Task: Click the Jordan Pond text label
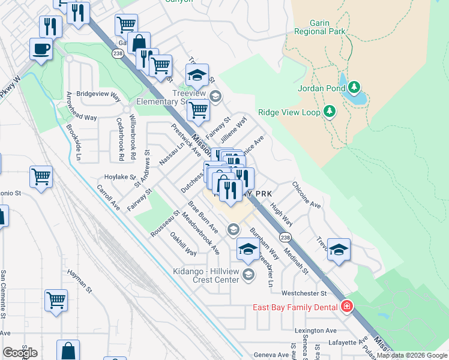click(321, 89)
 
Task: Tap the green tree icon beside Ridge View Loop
click(329, 111)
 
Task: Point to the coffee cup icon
click(41, 49)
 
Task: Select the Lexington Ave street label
click(315, 331)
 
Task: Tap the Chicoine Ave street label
click(307, 195)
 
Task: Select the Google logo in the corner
click(20, 352)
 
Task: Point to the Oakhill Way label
click(182, 244)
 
